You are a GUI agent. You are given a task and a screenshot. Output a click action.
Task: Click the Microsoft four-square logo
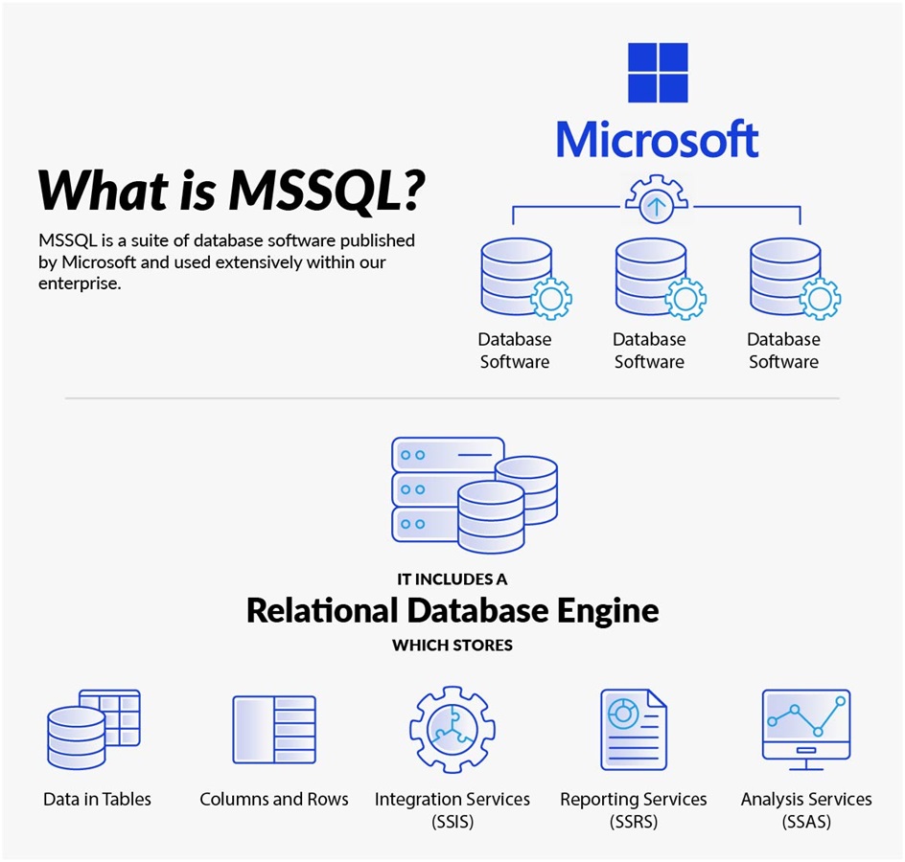[658, 73]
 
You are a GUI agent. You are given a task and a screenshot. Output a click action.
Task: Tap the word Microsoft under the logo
[658, 139]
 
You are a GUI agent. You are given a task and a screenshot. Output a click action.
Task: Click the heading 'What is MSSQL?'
[231, 190]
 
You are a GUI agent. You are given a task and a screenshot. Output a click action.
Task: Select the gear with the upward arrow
[657, 203]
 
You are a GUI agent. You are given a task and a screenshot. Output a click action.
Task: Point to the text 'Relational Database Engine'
[452, 610]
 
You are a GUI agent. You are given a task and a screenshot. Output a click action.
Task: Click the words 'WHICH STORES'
[452, 646]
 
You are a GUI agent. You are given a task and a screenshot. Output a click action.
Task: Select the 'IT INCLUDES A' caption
[452, 579]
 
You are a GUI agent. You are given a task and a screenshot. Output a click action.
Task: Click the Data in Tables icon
[93, 729]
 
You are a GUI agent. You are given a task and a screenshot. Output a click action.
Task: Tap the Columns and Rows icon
[274, 730]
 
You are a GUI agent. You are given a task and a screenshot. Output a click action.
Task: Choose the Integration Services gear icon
[452, 730]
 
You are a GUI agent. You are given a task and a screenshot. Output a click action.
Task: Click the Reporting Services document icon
[633, 730]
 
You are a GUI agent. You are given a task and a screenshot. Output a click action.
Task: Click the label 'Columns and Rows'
[274, 799]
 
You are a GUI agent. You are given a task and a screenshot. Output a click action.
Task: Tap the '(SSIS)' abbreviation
[452, 822]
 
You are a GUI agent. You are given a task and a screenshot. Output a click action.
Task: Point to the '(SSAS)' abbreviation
[806, 822]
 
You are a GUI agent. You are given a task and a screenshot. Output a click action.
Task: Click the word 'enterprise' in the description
[80, 284]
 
